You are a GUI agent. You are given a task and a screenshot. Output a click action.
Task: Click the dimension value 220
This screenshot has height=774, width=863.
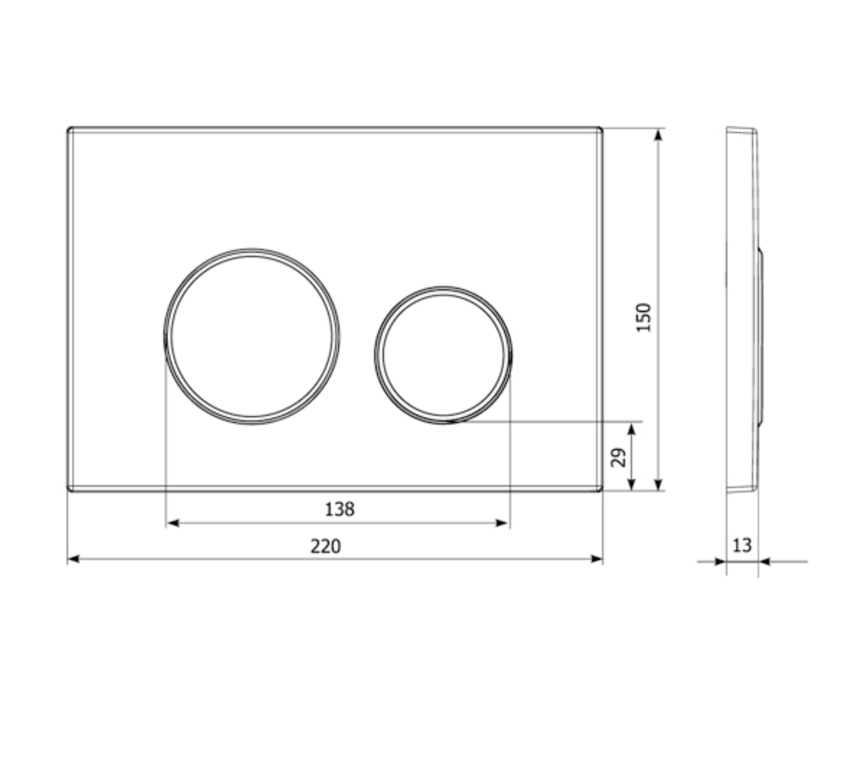[x=325, y=546]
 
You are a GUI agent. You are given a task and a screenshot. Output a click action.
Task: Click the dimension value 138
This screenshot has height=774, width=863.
[x=339, y=509]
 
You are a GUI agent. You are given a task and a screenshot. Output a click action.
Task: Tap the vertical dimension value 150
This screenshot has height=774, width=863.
[x=644, y=318]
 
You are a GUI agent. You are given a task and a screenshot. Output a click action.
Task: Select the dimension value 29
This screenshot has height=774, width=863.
[x=618, y=458]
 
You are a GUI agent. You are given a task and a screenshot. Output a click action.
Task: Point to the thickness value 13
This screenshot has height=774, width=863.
[x=742, y=545]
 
